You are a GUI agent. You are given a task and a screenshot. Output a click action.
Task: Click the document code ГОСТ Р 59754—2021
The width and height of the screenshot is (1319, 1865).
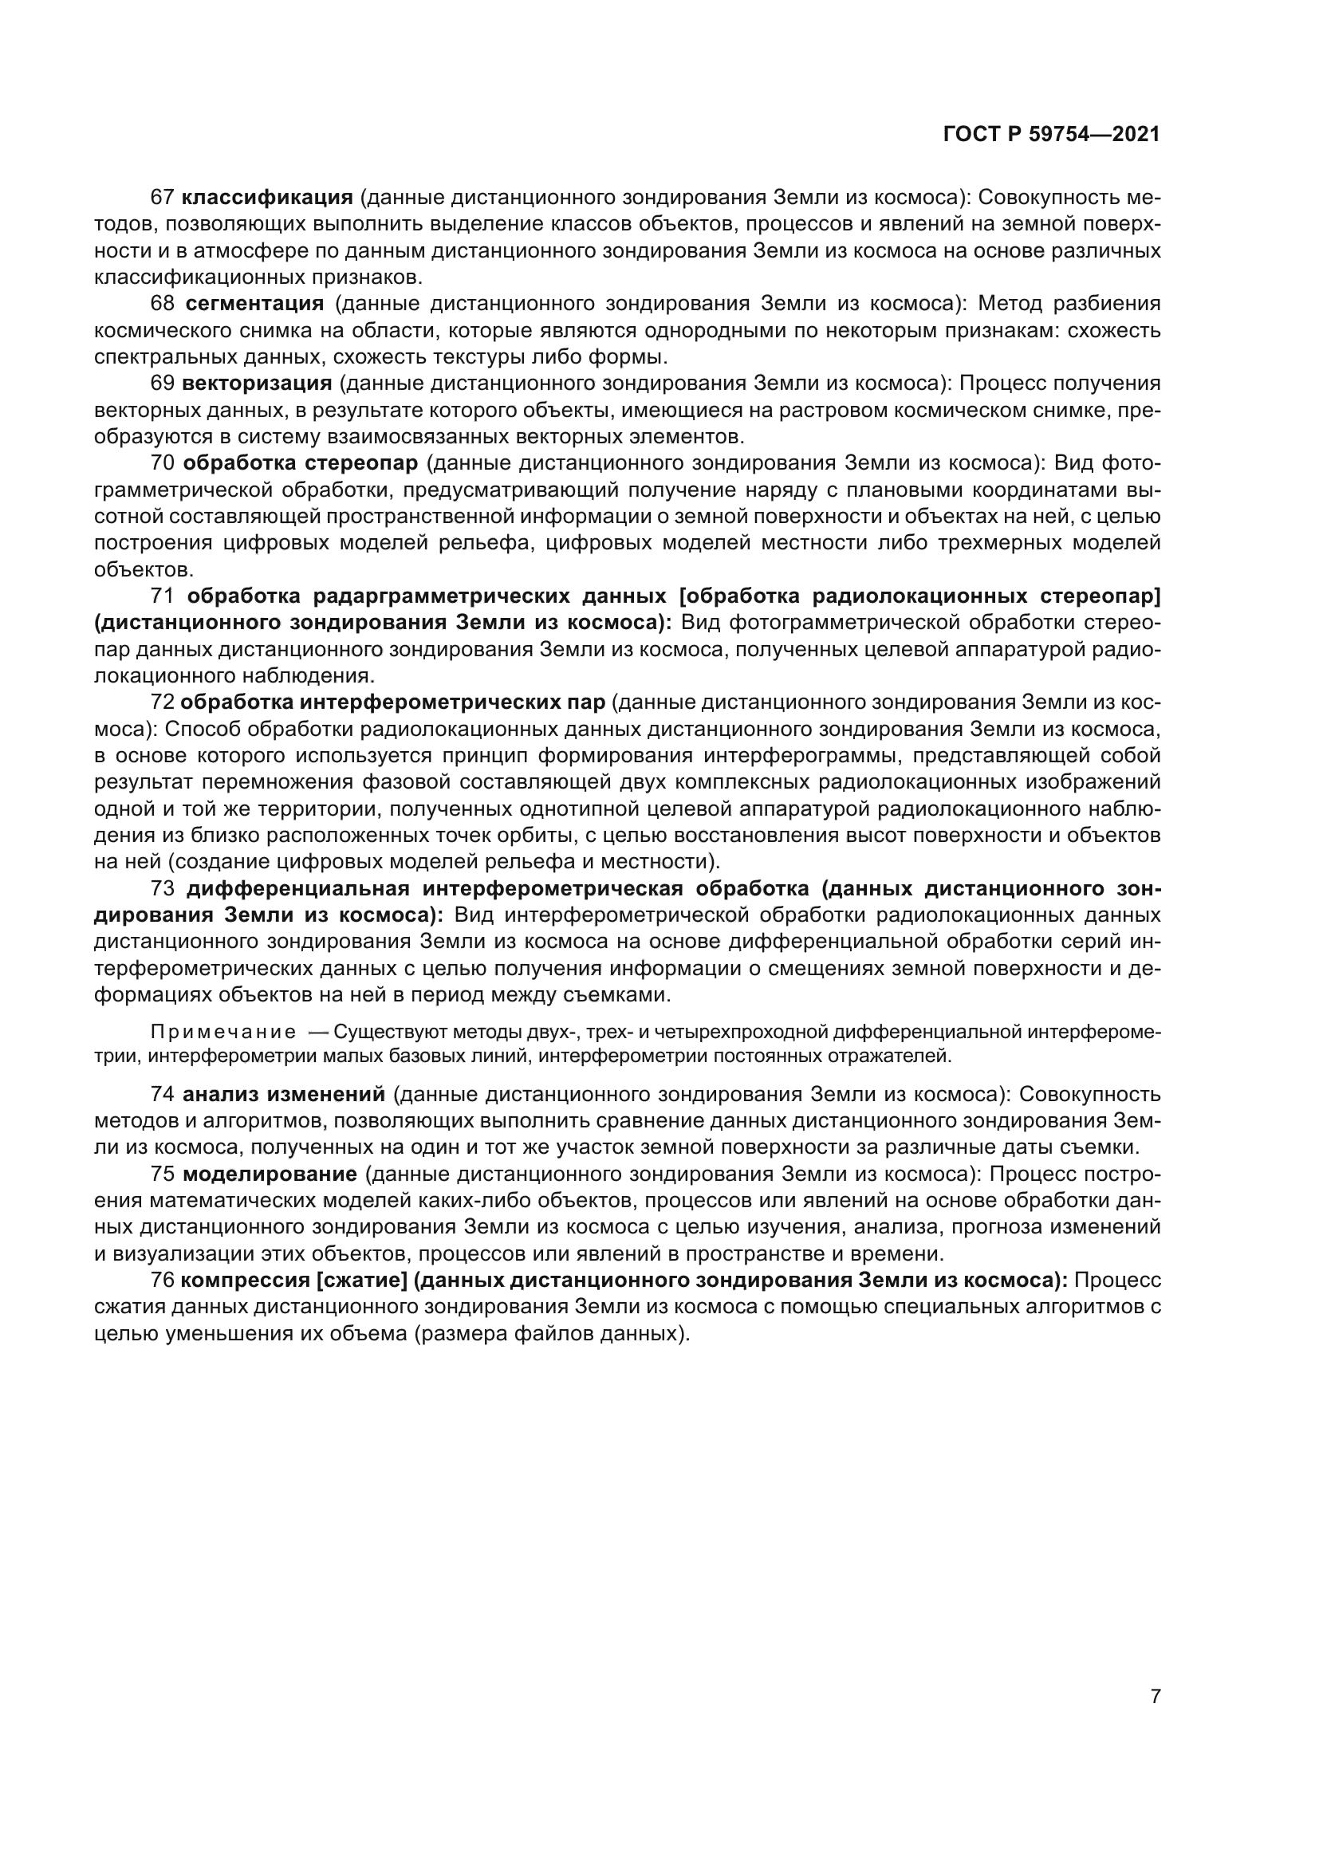pyautogui.click(x=1052, y=135)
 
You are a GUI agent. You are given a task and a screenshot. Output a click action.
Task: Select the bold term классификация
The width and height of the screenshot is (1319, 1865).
pyautogui.click(x=267, y=198)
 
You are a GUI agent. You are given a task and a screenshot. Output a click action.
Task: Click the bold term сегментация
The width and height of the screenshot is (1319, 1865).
pyautogui.click(x=254, y=304)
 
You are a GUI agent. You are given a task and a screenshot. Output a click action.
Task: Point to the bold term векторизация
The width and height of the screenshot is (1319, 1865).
pyautogui.click(x=257, y=384)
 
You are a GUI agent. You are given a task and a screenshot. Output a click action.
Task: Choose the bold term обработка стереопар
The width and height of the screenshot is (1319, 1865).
pyautogui.click(x=301, y=463)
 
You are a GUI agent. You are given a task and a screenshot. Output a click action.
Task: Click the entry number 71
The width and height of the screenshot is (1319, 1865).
pyautogui.click(x=163, y=596)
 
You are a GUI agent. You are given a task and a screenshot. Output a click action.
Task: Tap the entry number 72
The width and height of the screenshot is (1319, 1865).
pyautogui.click(x=163, y=702)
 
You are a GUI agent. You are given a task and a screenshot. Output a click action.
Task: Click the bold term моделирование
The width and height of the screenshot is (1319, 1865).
pyautogui.click(x=270, y=1174)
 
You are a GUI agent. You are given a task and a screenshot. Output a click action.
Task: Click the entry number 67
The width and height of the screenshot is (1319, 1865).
pyautogui.click(x=163, y=198)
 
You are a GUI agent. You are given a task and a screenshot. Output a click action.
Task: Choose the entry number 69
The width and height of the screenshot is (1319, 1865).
pyautogui.click(x=163, y=384)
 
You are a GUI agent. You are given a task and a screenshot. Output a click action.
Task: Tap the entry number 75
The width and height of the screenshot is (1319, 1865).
pyautogui.click(x=163, y=1174)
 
